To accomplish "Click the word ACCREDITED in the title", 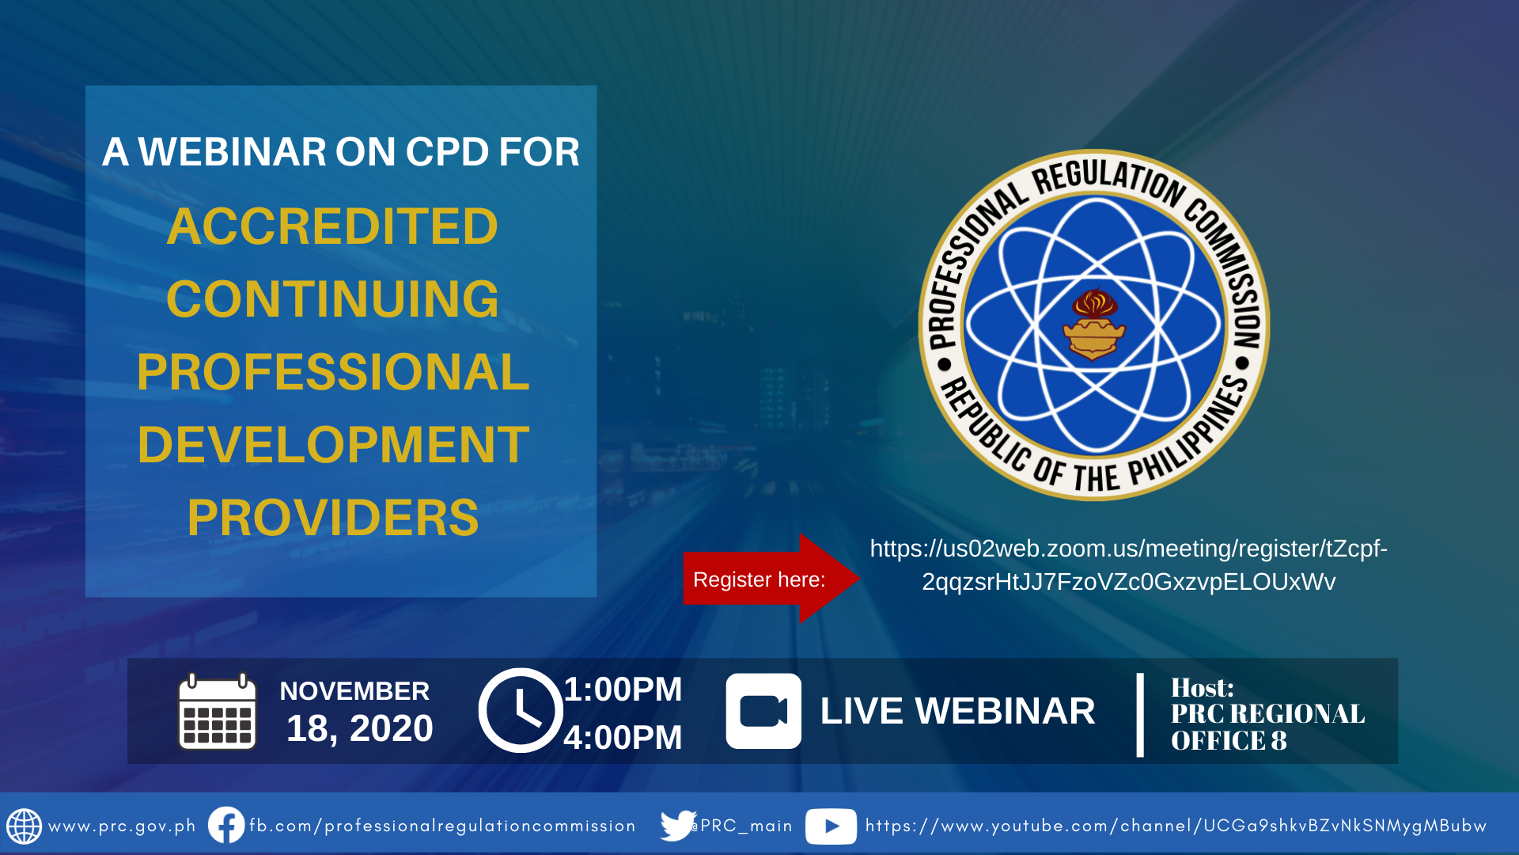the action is point(332,226).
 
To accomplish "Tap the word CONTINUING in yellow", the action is point(332,299).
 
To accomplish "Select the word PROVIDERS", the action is point(333,518).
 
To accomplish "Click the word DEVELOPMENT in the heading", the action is point(333,445).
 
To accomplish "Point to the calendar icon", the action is point(218,711).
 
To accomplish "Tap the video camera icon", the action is point(763,711).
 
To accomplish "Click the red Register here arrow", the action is point(771,579).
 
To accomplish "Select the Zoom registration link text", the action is point(1129,565).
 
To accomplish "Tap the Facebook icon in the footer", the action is point(226,825).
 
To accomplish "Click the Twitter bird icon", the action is point(678,826).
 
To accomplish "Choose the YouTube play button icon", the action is point(831,826).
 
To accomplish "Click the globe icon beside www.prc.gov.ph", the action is point(25,826).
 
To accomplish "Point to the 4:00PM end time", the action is point(623,738).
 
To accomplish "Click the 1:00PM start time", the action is point(623,690).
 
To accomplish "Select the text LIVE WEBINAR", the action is point(957,711).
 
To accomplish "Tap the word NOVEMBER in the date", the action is point(354,691).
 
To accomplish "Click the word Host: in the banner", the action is point(1202,687).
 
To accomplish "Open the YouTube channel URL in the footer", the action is point(1176,826).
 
